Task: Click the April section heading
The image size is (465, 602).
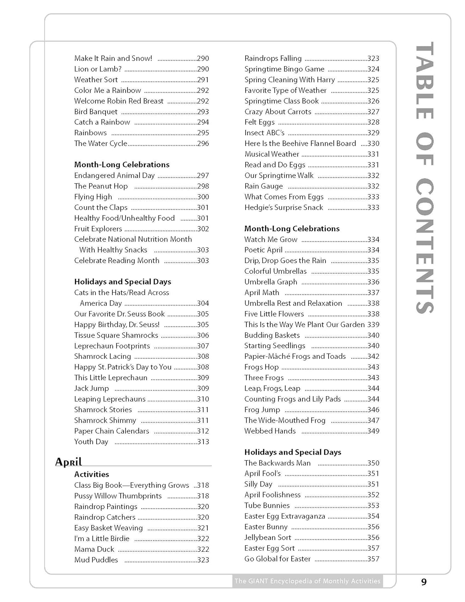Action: (69, 462)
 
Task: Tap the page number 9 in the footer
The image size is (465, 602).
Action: (424, 582)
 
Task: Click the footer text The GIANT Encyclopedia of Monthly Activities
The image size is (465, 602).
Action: (307, 581)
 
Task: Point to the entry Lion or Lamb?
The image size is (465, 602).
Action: (98, 69)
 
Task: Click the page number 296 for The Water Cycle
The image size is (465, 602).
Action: (203, 144)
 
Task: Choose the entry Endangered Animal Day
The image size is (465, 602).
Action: (114, 175)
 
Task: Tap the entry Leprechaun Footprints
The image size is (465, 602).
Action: (112, 346)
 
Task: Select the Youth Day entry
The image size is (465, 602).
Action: (91, 442)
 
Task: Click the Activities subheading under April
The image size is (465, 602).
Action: (91, 474)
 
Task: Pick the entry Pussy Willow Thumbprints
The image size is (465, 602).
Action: (118, 496)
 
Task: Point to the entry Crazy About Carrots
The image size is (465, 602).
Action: (278, 112)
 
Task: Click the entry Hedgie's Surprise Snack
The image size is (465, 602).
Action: (284, 207)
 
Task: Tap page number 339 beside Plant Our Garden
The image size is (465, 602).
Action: (373, 325)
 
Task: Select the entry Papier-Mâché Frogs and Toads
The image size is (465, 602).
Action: (295, 356)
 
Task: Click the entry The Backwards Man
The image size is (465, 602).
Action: (278, 463)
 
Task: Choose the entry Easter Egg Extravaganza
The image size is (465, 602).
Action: (285, 517)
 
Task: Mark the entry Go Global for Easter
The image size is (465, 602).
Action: (278, 559)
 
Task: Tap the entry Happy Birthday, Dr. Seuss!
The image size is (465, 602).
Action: (117, 325)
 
